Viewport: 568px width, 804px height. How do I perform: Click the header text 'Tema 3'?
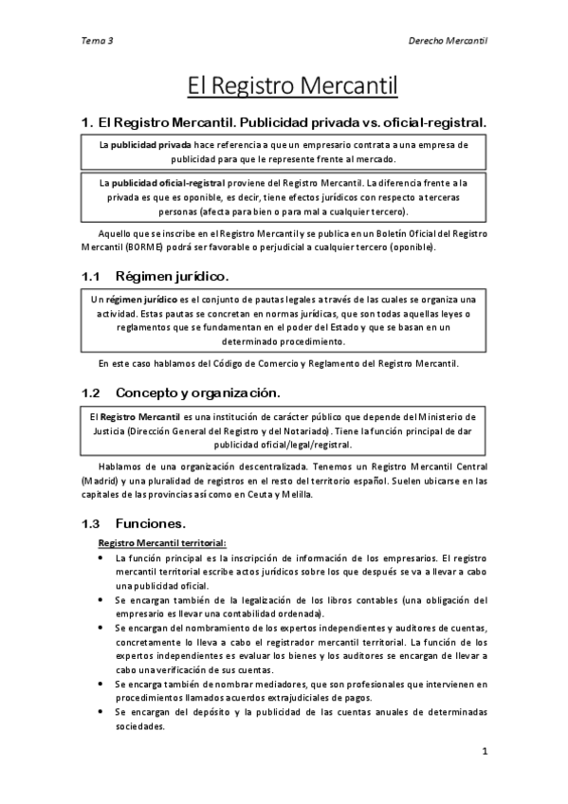(x=99, y=42)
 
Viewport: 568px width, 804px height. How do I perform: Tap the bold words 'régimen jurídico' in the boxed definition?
(x=137, y=299)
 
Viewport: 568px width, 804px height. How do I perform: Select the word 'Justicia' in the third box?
(x=106, y=430)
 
